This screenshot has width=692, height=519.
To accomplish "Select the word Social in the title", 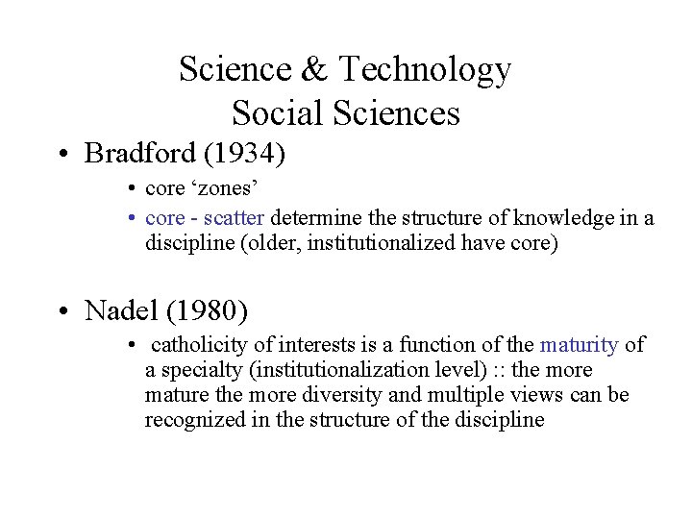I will pyautogui.click(x=277, y=114).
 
